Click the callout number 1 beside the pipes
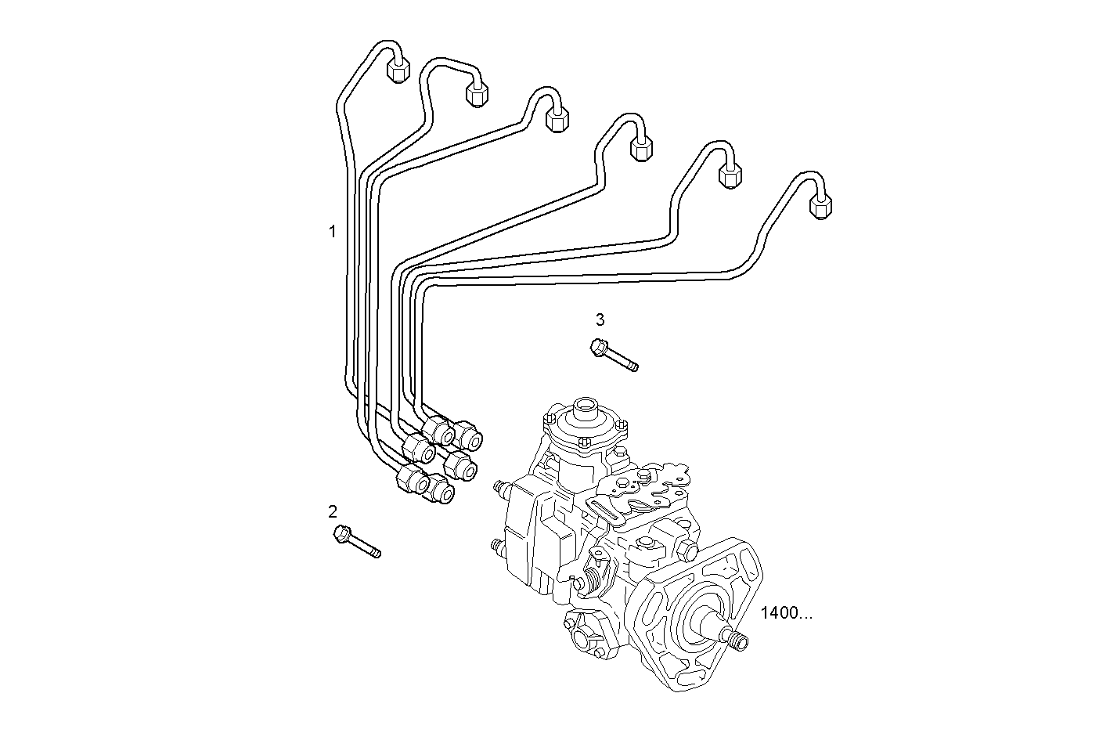[x=332, y=232]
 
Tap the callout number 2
[x=333, y=512]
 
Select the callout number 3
[x=600, y=319]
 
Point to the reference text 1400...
[x=786, y=613]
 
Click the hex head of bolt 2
[x=342, y=535]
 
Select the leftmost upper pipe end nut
[x=398, y=72]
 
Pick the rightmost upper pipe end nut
[x=820, y=206]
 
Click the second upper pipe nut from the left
[x=477, y=94]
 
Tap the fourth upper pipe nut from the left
[x=641, y=148]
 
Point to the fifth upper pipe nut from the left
[x=730, y=175]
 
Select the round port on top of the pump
[x=585, y=408]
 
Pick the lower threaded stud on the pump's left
[x=495, y=546]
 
